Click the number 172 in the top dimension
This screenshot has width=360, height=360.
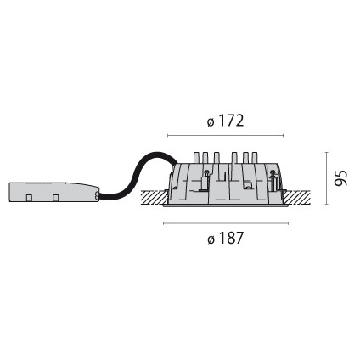point(231,121)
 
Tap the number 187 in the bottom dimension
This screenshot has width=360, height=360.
point(231,238)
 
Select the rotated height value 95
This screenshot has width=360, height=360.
point(340,178)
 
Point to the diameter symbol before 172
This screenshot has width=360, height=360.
point(211,122)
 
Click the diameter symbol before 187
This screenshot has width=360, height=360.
point(211,239)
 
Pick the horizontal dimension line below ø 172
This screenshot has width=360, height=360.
point(225,136)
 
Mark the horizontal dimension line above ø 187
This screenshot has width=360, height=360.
point(226,223)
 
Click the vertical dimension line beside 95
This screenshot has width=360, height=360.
point(327,178)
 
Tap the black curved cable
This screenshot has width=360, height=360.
point(135,175)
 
